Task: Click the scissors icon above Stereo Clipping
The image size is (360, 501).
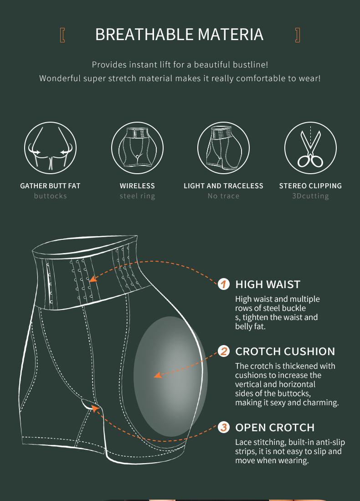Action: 310,148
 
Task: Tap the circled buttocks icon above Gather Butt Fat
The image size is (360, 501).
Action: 51,148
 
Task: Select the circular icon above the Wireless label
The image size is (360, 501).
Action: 137,148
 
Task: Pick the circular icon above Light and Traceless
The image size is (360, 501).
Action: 224,148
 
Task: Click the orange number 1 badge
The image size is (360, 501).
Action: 224,284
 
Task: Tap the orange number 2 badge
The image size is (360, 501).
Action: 224,351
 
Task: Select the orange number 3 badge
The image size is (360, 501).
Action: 224,427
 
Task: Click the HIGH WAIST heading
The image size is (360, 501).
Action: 267,284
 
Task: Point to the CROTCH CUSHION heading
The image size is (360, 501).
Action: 285,351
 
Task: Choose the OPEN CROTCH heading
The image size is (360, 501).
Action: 275,428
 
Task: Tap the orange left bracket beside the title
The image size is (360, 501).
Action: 62,35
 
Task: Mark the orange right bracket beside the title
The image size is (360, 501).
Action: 298,35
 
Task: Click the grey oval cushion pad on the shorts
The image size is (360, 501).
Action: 170,377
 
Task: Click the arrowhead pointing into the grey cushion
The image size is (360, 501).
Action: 158,375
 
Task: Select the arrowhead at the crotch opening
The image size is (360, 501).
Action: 94,408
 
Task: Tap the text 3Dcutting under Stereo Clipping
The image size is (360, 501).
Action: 310,196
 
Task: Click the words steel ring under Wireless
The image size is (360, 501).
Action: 137,196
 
